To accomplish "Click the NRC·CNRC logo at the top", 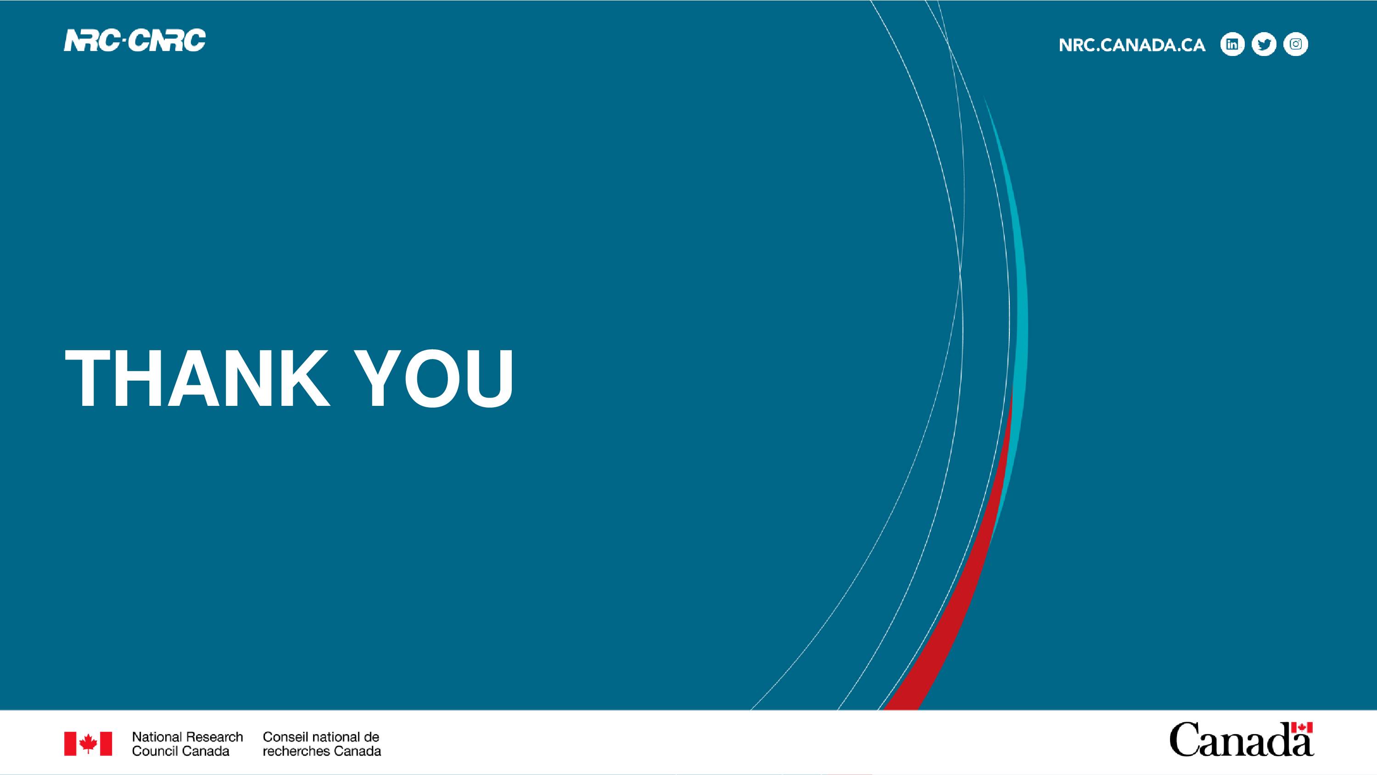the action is pos(134,41).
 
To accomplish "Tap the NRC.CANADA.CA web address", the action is pos(1132,45).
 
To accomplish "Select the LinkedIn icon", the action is pos(1232,45).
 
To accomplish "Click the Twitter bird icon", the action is pos(1264,45).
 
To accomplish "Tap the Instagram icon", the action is pos(1296,45).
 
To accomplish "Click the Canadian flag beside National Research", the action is pos(88,743).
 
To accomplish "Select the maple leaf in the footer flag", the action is pos(88,743).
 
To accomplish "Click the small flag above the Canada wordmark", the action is pos(1302,728).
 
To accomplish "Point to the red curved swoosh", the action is pos(962,578).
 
